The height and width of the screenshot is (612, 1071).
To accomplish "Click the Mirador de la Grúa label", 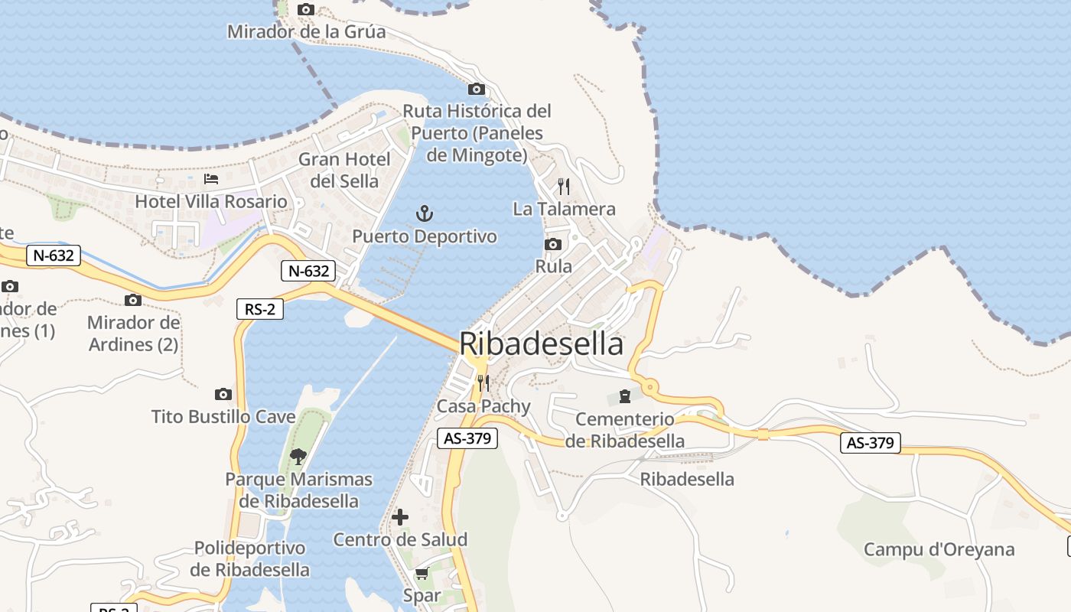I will pos(307,32).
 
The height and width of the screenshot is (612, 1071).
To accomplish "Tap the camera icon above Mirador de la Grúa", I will pos(306,9).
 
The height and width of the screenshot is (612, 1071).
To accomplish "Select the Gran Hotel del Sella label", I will pos(344,170).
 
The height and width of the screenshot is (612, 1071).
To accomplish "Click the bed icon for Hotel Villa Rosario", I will pos(211,179).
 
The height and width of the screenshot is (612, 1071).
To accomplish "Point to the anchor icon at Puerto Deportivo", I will pos(425,213).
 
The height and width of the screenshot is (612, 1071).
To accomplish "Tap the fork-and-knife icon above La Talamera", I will pos(564,186).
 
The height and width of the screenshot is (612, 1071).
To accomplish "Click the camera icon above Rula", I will pos(553,244).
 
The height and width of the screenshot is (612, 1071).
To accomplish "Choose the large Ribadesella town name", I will pos(542,344).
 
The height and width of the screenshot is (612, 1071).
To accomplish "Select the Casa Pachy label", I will pos(483,406).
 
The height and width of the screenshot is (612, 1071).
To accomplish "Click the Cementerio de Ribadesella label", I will pos(625,430).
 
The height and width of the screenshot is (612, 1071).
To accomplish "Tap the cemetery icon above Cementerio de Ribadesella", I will pos(625,396).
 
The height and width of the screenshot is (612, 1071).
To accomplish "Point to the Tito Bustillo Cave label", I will pos(223,417).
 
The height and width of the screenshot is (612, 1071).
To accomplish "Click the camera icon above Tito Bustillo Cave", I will pos(223,394).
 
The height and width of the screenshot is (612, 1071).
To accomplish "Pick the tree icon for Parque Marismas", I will pos(298,457).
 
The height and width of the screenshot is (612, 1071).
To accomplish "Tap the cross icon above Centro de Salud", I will pos(400,517).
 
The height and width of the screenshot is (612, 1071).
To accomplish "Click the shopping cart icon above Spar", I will pos(422,574).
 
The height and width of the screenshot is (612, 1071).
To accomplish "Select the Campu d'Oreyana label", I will pos(939,549).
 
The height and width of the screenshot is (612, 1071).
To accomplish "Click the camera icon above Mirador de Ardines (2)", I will pos(133,300).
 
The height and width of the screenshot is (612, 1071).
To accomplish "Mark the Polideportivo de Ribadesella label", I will pos(249,559).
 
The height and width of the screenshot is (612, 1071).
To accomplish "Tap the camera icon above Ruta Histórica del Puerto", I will pos(477,89).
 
